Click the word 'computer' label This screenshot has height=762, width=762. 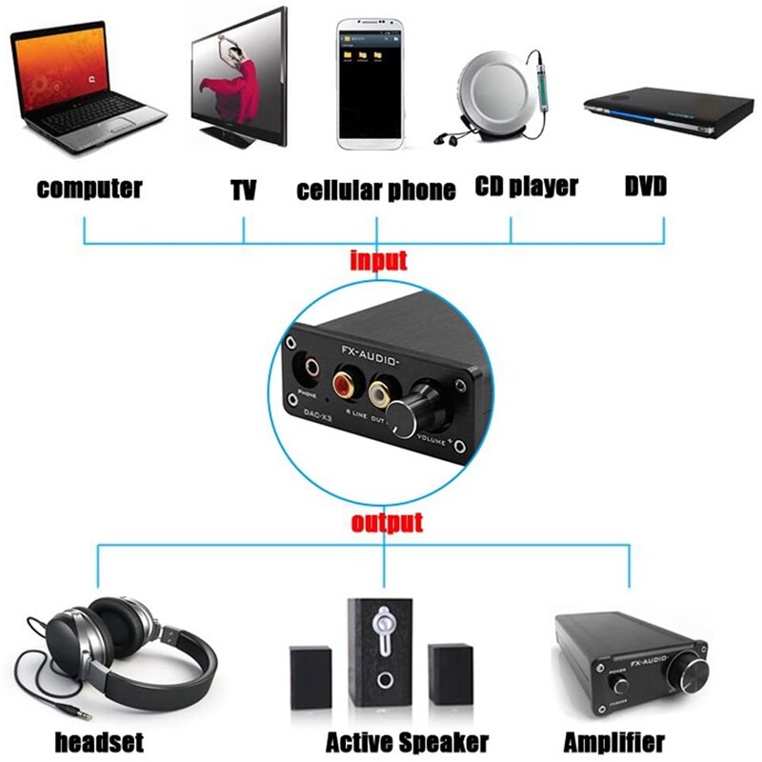[x=90, y=188]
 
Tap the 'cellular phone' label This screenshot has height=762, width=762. [x=376, y=190]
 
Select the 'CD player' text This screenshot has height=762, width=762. [x=526, y=186]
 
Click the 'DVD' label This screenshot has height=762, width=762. [x=645, y=186]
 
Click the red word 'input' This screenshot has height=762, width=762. [x=378, y=260]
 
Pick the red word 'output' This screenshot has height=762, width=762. [x=386, y=523]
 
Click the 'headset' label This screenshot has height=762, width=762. [x=99, y=741]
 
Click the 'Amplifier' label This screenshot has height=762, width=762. [x=614, y=741]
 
